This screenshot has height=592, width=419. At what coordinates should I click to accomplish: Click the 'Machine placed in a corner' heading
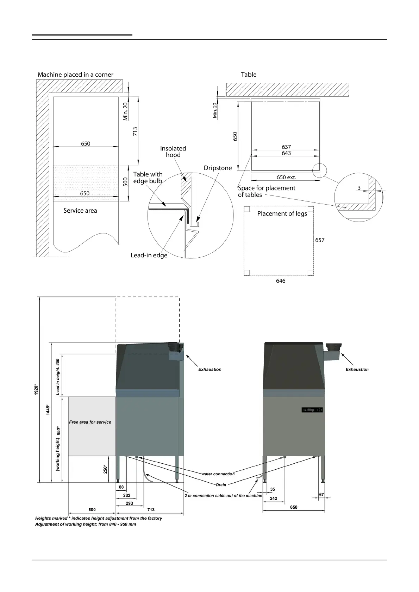tap(75, 75)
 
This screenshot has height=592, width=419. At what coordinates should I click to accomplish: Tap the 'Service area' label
tap(80, 211)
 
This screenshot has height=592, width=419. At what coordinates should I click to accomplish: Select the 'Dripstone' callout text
tap(218, 168)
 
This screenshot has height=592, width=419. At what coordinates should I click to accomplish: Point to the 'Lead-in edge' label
tap(149, 255)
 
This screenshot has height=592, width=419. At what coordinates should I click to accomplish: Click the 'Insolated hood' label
tap(173, 152)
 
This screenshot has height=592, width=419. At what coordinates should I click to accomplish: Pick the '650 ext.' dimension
tap(286, 178)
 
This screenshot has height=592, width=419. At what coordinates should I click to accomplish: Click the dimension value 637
tap(286, 147)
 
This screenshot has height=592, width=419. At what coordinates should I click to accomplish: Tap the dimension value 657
tap(320, 240)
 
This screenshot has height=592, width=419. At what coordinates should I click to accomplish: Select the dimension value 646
tap(281, 281)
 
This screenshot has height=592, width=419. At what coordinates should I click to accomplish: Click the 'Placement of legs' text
tap(282, 214)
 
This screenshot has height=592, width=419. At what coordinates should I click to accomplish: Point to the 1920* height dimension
tap(36, 389)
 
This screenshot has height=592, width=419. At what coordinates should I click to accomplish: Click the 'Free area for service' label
tap(90, 422)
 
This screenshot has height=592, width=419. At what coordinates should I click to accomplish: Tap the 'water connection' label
tap(218, 474)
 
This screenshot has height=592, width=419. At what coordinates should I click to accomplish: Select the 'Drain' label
tap(221, 485)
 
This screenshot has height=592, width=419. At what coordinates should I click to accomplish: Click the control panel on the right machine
tap(312, 410)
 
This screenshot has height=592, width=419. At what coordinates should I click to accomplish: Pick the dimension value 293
tap(129, 503)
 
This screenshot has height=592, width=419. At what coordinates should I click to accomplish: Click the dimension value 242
tap(273, 498)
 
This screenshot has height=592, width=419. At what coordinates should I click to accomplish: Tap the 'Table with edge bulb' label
tap(148, 178)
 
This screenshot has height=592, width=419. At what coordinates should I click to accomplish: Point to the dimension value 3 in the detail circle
tap(359, 188)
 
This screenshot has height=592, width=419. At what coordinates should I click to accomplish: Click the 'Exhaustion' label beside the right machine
tap(357, 369)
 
